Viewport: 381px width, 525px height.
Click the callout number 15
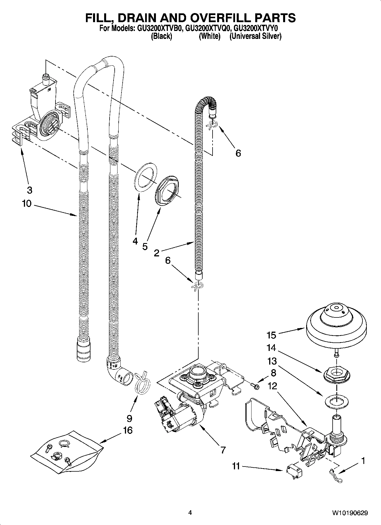point(271,335)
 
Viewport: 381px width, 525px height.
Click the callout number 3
point(30,190)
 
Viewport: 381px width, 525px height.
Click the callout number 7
point(223,450)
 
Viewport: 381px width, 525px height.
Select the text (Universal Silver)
point(256,36)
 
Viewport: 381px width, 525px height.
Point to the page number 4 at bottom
point(190,513)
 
